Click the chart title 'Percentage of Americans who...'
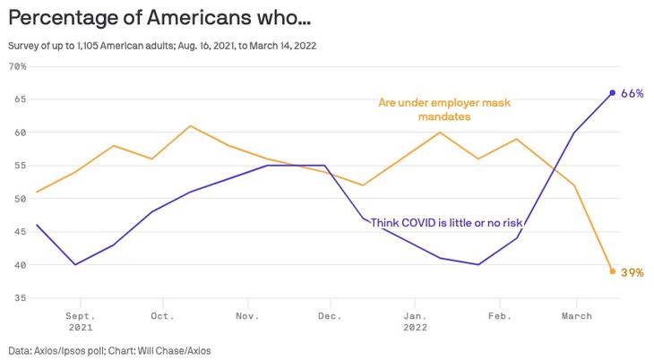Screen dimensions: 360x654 pos(160,18)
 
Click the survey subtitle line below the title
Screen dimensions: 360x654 pos(161,45)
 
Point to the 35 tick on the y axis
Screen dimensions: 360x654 pos(19,298)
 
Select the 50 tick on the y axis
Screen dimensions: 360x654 pos(19,199)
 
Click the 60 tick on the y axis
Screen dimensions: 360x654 pos(19,133)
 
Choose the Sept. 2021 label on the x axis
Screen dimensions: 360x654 pos(80,321)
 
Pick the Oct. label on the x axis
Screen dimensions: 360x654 pos(162,315)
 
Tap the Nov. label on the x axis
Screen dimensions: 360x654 pos(247,315)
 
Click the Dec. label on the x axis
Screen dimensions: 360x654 pos(330,315)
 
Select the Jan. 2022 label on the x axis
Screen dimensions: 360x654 pos(415,321)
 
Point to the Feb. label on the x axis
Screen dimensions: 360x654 pos(498,315)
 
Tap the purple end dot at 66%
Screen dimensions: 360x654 pos(613,92)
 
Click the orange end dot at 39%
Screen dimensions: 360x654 pos(613,271)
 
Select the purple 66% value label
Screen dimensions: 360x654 pos(632,93)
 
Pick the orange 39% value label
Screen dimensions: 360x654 pos(632,272)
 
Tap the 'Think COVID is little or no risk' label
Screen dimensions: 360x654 pos(447,222)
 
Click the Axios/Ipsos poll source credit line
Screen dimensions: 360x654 pos(111,350)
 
